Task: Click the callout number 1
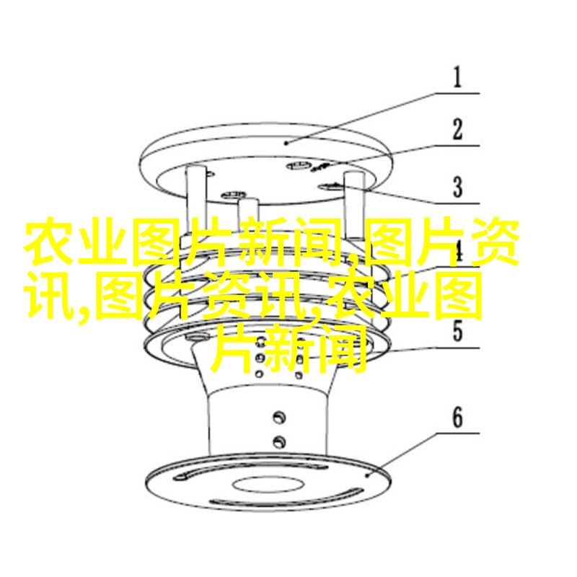457,77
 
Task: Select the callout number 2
457,129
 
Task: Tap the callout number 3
457,187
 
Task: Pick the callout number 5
457,331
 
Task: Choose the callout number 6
457,418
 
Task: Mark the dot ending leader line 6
367,475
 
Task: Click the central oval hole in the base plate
268,483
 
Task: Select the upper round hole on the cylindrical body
279,417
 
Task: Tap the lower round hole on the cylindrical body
279,441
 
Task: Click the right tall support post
355,206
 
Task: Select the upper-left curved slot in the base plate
188,475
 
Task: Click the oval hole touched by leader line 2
299,165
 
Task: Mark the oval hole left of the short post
232,194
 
